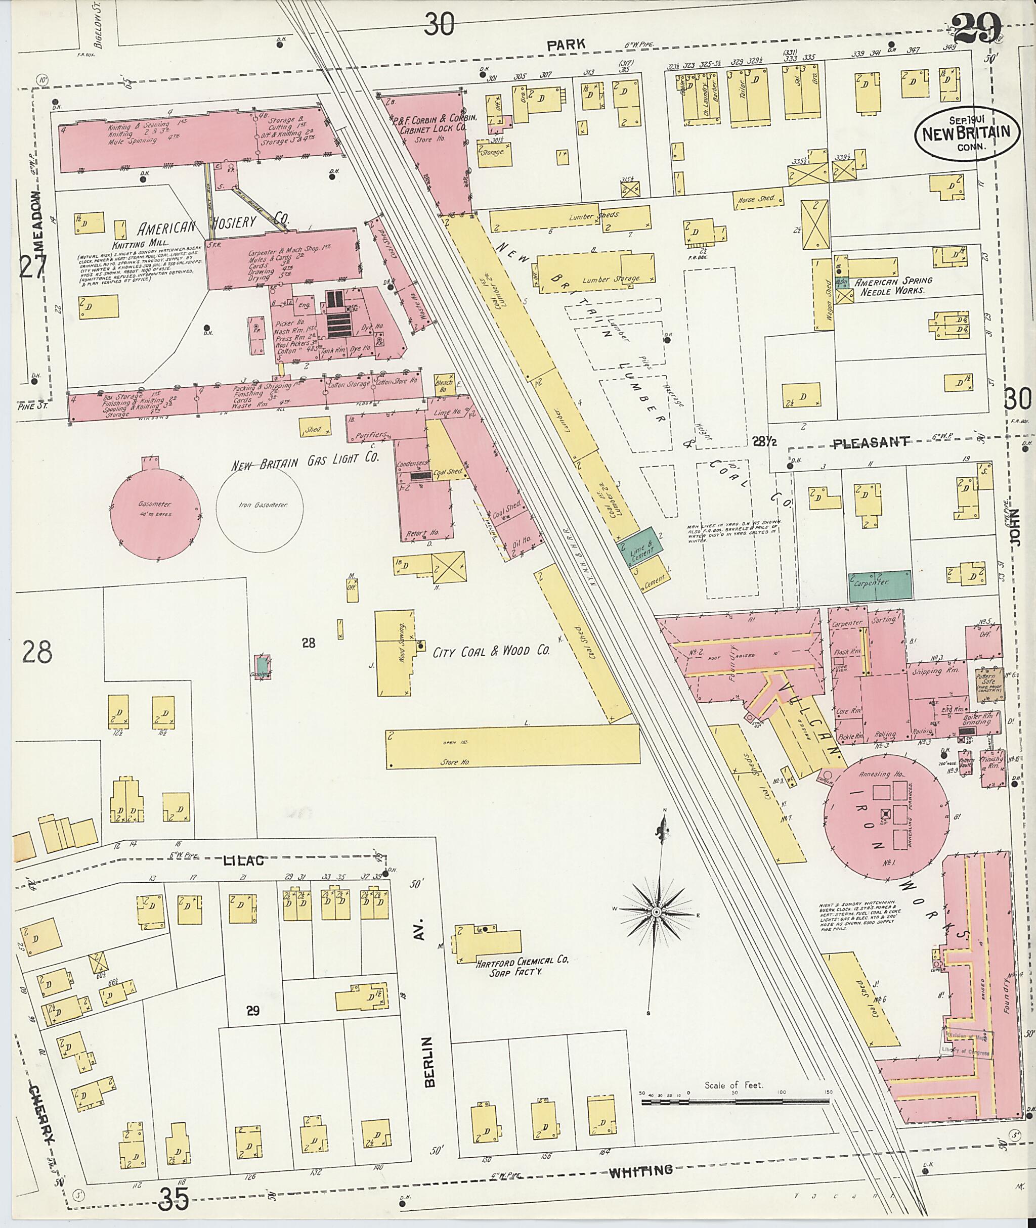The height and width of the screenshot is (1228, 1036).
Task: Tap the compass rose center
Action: pos(656,912)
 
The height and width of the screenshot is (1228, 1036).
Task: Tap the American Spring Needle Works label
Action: pos(893,285)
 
